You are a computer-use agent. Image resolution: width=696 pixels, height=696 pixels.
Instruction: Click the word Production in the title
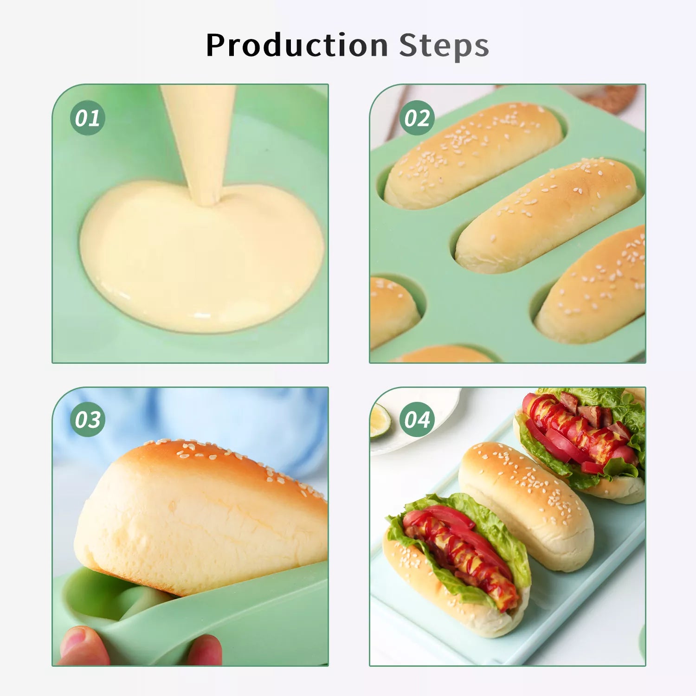[x=297, y=45]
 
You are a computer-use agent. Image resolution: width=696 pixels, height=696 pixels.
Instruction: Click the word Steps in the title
[x=444, y=45]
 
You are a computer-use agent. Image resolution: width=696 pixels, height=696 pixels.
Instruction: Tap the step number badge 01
[x=88, y=118]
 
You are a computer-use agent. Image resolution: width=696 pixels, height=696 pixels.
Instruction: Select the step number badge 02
[x=417, y=118]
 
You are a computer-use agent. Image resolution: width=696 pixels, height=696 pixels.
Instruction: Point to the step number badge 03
[x=88, y=419]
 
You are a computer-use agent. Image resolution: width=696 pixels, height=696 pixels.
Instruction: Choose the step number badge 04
[x=417, y=419]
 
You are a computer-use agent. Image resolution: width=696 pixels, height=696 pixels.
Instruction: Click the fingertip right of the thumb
[x=205, y=650]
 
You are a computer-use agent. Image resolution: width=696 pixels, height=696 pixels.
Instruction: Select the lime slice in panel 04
[x=380, y=420]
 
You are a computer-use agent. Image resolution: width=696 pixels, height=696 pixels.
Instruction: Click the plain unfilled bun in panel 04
[x=527, y=506]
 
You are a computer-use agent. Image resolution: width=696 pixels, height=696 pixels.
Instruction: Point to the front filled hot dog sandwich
[x=457, y=564]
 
